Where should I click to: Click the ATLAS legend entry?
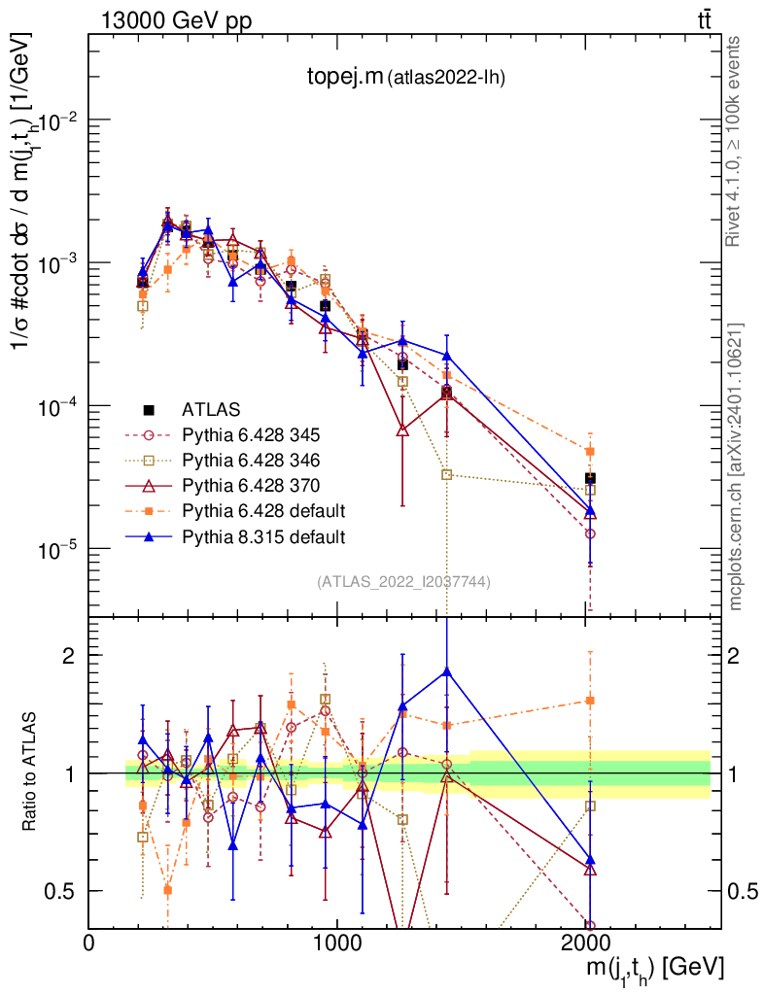click(x=211, y=408)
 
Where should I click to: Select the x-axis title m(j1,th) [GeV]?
click(x=652, y=969)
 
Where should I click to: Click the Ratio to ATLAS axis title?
click(x=31, y=773)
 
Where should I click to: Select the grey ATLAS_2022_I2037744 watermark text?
click(x=402, y=582)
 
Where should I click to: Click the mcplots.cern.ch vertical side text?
click(x=736, y=466)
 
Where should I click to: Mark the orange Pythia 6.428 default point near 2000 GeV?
click(x=590, y=451)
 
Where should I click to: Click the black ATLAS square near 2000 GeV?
click(x=590, y=478)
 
